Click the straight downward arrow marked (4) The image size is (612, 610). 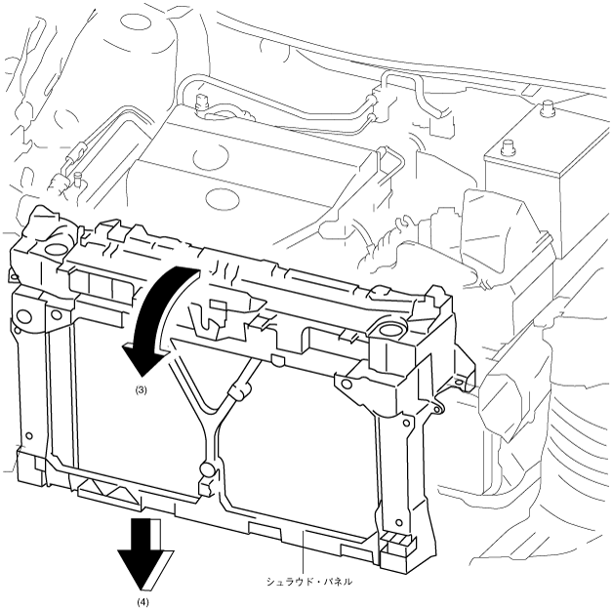click(x=143, y=561)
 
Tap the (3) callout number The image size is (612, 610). click(x=141, y=389)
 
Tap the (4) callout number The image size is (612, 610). click(x=143, y=602)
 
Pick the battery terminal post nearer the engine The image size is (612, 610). click(x=506, y=148)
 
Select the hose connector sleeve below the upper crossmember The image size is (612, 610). click(x=235, y=394)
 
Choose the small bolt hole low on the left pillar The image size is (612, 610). click(x=30, y=435)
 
